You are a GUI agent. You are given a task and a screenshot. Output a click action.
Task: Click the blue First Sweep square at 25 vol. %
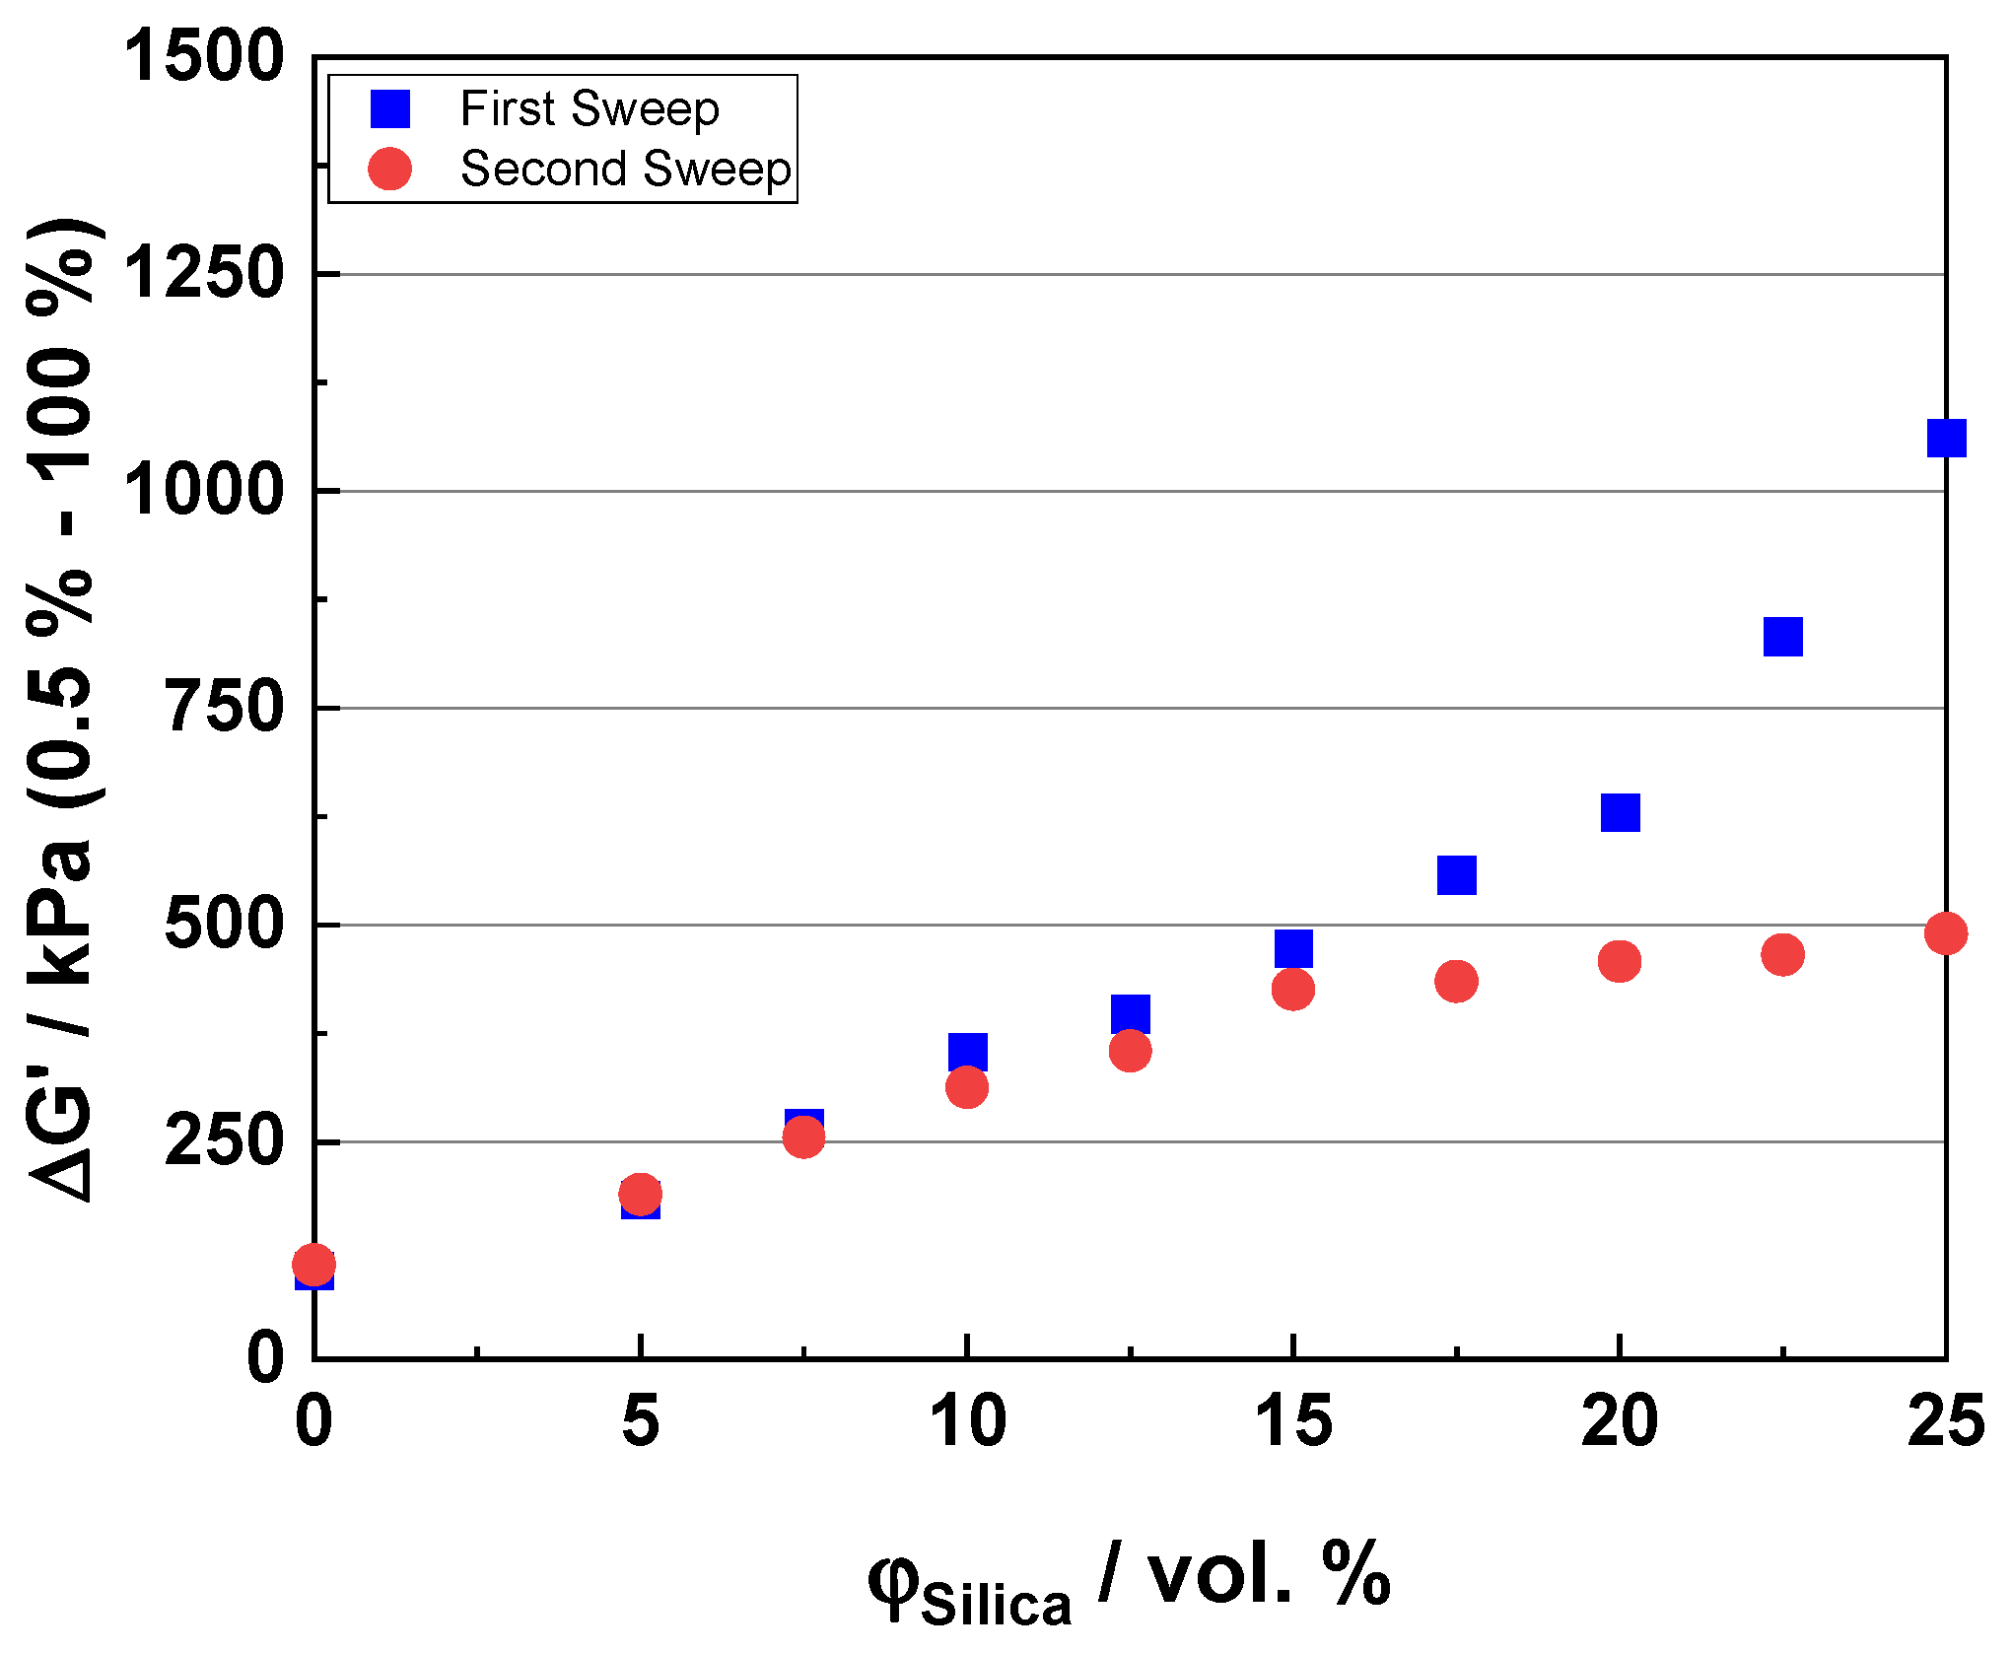(x=1945, y=438)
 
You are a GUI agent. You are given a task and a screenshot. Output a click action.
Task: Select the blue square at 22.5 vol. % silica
(x=1782, y=637)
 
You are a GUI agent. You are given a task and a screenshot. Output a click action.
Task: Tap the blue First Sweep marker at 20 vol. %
(x=1620, y=812)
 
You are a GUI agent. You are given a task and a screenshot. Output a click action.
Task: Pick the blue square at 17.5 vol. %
(x=1456, y=874)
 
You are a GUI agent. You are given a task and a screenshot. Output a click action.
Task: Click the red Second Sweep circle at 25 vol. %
(x=1945, y=932)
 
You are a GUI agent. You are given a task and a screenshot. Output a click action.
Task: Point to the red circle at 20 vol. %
(x=1619, y=960)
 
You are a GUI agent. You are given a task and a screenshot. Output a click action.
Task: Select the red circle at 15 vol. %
(x=1292, y=989)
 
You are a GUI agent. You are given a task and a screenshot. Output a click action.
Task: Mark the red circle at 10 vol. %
(x=966, y=1087)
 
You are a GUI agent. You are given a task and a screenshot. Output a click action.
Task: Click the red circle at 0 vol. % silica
(x=313, y=1264)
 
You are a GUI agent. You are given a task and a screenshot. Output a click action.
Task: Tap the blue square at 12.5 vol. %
(x=1130, y=1013)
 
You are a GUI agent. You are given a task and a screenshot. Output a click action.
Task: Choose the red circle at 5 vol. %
(x=640, y=1194)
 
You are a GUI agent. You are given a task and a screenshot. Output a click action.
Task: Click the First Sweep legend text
(x=590, y=108)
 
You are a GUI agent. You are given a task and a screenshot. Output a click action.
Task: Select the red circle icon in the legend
(x=389, y=169)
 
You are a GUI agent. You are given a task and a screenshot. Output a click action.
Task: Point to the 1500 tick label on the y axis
(x=203, y=56)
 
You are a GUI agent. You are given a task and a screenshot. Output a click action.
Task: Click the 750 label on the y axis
(x=225, y=708)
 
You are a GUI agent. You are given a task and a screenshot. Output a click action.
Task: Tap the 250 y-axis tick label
(x=225, y=1141)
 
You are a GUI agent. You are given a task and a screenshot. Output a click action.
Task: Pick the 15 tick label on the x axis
(x=1292, y=1421)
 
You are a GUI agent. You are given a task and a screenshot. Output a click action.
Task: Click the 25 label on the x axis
(x=1945, y=1421)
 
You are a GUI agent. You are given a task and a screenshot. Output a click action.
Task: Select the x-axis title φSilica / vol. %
(x=1129, y=1577)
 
